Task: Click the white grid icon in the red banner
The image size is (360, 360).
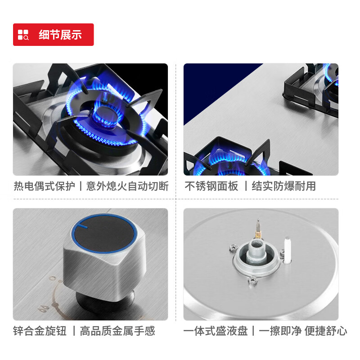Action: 23,35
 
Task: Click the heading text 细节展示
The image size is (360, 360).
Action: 60,35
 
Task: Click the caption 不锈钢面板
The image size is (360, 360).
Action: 211,186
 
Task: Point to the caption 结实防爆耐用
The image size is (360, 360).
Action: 283,186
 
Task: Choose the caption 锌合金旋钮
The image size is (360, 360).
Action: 40,331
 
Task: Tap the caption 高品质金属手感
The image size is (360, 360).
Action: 117,331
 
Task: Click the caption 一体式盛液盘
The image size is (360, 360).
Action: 216,331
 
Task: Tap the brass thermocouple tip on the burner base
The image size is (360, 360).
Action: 258,225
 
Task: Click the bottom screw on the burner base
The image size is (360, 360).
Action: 252,281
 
